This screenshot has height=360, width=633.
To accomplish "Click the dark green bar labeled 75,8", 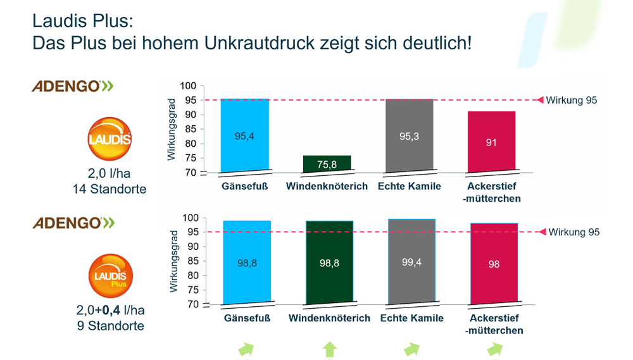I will pos(327,163).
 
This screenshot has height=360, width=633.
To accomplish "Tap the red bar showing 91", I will pos(491,141).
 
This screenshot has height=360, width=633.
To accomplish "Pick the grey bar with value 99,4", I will pos(411,261).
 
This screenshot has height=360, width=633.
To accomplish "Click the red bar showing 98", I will pos(494,263).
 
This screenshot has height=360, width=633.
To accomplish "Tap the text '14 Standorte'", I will pos(109,189).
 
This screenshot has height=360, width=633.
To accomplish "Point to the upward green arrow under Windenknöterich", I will pos(329,349).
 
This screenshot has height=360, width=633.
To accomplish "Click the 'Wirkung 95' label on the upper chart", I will pos(572,100).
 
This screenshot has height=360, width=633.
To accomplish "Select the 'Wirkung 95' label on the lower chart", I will pos(573,232).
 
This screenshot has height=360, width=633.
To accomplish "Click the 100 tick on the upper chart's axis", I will pos(188,86).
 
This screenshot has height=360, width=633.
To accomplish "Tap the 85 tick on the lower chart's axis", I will pos(191,261).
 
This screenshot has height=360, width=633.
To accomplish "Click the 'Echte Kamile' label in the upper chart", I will pos(409,187).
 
